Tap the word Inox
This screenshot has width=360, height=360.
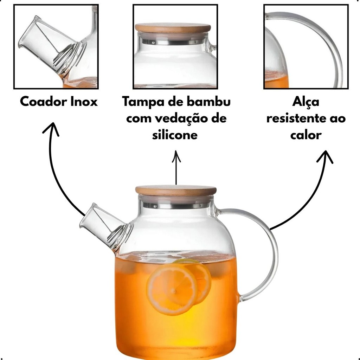(84, 102)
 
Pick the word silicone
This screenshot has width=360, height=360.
(175, 135)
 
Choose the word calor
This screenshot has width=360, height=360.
(306, 135)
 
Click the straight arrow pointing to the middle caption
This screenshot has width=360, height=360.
(176, 167)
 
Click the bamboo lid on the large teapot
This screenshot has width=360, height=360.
(176, 191)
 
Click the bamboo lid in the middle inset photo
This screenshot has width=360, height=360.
(173, 28)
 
